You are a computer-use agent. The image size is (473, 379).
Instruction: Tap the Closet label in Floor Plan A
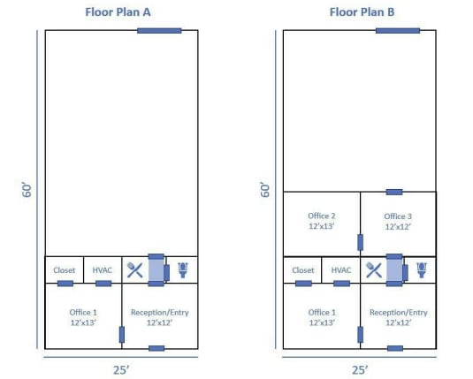coord(65,270)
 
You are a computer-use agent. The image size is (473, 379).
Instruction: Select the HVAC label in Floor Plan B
coord(342,270)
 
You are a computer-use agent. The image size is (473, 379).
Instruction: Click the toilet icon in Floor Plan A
coord(183,269)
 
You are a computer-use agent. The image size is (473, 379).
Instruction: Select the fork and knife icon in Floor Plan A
coord(134,269)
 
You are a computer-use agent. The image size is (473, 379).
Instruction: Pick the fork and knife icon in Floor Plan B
coord(373,269)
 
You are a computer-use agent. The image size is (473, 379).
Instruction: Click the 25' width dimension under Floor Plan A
coord(121,370)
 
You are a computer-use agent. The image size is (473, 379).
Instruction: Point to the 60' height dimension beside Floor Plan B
coord(265,189)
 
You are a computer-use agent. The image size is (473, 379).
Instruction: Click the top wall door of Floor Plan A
coord(159,30)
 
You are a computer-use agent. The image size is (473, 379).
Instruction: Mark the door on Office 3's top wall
coord(394,192)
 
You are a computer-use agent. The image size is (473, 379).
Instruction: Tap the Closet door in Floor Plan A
coord(65,284)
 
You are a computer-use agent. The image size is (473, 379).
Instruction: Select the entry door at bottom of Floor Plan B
coord(394,348)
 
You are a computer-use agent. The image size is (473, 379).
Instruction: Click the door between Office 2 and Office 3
coord(360,241)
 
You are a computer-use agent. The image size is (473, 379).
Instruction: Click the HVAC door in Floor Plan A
coord(103,284)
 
